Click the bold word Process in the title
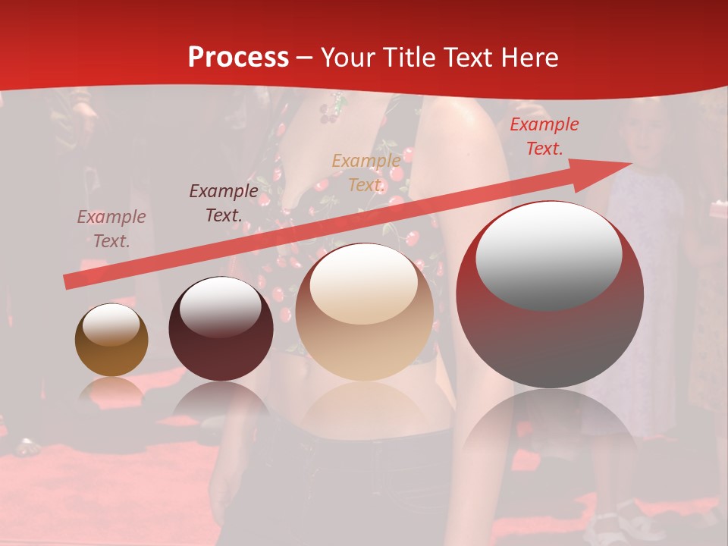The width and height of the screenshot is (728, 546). pyautogui.click(x=238, y=57)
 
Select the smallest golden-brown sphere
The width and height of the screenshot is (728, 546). pyautogui.click(x=111, y=340)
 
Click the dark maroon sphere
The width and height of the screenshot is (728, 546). pyautogui.click(x=221, y=329)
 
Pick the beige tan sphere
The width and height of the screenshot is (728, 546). pyautogui.click(x=364, y=312)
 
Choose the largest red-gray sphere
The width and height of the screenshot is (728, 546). pyautogui.click(x=550, y=294)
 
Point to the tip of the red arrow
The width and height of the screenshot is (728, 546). pyautogui.click(x=630, y=163)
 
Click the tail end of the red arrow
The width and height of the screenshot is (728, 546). pyautogui.click(x=67, y=283)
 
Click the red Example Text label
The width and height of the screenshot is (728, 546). pyautogui.click(x=544, y=136)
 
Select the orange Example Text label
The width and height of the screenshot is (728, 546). pyautogui.click(x=366, y=172)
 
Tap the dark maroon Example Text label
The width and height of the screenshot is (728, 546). pyautogui.click(x=224, y=202)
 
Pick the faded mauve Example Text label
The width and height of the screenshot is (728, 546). pyautogui.click(x=111, y=228)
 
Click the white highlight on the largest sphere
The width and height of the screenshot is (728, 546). pyautogui.click(x=549, y=256)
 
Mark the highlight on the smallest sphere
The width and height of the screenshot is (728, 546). pyautogui.click(x=111, y=325)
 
